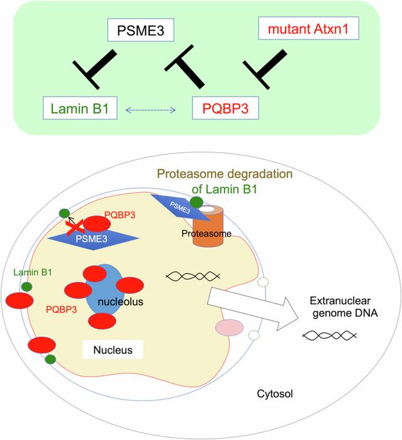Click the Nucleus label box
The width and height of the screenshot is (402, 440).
point(113,349)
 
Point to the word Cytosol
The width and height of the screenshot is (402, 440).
point(275,395)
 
